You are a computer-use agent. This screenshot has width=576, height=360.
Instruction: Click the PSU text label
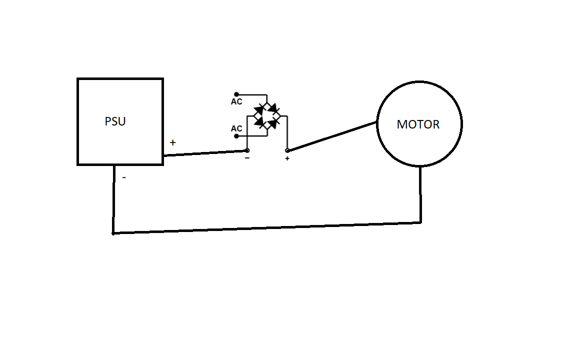115,121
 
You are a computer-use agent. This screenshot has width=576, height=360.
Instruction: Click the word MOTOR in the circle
418,124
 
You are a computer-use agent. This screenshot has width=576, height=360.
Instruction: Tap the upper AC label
236,102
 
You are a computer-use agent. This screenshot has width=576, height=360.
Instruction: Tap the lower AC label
236,129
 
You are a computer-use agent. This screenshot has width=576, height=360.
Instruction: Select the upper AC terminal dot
236,94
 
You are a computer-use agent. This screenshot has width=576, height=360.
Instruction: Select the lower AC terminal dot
236,135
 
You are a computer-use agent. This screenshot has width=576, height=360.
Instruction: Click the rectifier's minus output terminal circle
247,150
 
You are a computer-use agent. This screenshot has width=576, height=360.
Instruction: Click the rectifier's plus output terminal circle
287,150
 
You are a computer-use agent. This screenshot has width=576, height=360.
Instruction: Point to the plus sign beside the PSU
173,142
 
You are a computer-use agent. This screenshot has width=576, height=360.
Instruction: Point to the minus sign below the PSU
124,177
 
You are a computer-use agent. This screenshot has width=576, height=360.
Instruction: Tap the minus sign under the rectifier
247,158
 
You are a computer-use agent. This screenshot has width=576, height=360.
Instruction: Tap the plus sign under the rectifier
287,159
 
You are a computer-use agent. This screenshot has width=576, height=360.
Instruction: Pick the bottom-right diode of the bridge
274,122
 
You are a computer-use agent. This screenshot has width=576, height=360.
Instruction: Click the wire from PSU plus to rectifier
205,153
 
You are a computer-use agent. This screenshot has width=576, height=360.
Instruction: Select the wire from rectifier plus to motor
332,136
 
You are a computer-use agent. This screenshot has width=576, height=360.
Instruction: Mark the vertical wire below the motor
420,195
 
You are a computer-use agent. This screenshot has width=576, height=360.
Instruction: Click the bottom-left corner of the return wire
113,233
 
